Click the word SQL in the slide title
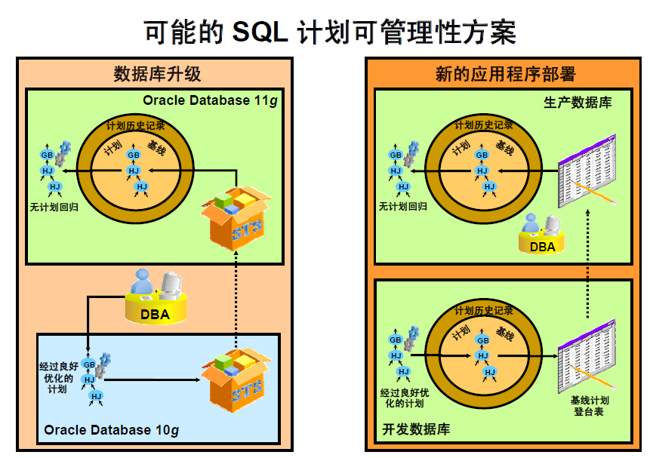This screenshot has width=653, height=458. point(260,32)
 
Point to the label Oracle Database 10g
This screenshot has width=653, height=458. point(111,430)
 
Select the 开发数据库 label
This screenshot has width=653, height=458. point(414,429)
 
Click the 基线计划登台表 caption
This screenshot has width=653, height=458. point(589,405)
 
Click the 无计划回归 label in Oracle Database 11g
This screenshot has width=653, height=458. point(54,205)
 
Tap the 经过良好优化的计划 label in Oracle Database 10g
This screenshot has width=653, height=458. point(58,377)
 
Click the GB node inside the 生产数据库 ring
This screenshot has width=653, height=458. point(481,155)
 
